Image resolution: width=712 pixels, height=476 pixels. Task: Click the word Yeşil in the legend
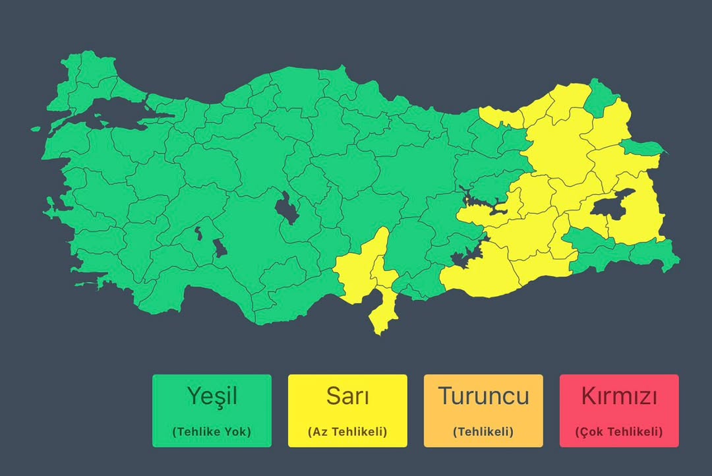pos(212,396)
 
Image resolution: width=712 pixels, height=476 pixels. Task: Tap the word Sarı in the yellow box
pos(347,396)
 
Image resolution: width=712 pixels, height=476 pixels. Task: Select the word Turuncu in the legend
pos(483,396)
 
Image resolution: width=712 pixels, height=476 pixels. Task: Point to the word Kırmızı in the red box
pos(619,396)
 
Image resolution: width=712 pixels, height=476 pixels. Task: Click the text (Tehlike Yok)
pos(212,432)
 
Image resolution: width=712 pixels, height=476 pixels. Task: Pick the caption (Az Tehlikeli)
pos(347,432)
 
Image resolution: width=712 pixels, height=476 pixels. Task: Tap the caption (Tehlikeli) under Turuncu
pos(483,432)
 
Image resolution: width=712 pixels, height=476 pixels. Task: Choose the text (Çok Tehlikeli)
pos(619,432)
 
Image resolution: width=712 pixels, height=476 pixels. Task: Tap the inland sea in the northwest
pos(99,113)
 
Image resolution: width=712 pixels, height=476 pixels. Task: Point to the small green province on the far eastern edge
pos(643,148)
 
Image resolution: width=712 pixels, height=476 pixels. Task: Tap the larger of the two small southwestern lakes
pos(220,249)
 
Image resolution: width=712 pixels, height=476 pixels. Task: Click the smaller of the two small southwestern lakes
pos(198,233)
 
